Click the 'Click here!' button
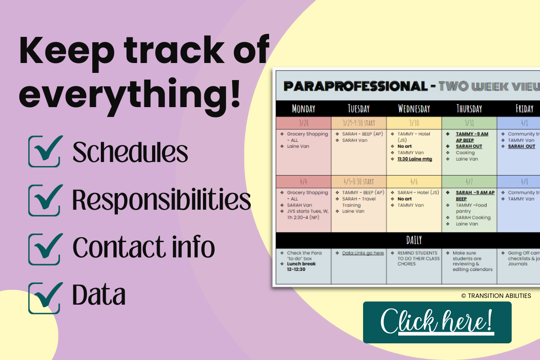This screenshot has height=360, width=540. tap(437, 322)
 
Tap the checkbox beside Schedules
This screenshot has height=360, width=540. tap(45, 152)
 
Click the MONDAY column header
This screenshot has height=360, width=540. tap(303, 108)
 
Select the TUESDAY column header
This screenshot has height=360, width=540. tap(358, 108)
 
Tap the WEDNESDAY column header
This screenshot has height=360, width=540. tap(414, 108)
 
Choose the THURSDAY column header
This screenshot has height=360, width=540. tap(469, 108)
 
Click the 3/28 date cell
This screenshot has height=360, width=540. tap(303, 123)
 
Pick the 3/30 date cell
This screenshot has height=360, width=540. tap(414, 123)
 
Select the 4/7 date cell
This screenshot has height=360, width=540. tap(469, 181)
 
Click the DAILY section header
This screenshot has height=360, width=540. tap(414, 240)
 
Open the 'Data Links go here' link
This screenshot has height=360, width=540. tap(363, 253)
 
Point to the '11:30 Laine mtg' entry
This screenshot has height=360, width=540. tap(414, 159)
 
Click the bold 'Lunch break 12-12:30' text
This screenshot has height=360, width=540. tap(301, 266)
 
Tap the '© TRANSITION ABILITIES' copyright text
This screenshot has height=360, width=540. tap(496, 296)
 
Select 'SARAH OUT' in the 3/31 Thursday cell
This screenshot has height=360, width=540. tap(469, 146)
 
